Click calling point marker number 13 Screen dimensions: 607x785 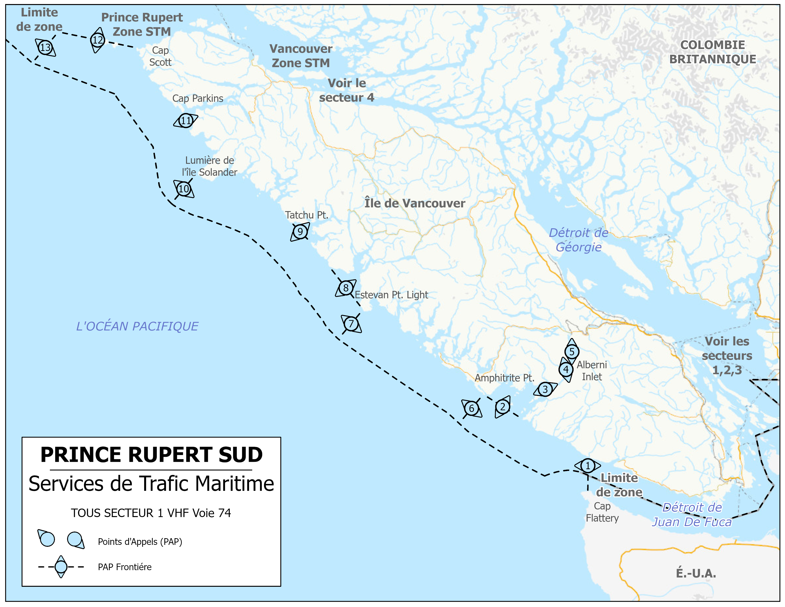[45, 47]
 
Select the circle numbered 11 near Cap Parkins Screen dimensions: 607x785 [186, 120]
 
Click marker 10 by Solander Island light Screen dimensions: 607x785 [183, 189]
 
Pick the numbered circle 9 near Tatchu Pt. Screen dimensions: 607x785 [300, 232]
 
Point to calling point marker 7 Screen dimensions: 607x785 [351, 324]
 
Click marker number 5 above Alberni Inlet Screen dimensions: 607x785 [571, 352]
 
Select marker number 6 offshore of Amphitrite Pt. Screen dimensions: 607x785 [471, 408]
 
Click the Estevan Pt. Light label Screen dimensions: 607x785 [391, 295]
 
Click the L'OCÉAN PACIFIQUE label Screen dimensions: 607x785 [137, 326]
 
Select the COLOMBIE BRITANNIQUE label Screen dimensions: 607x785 [712, 52]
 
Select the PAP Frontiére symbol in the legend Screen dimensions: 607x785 [61, 567]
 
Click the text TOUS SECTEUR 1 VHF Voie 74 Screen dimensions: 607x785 [151, 513]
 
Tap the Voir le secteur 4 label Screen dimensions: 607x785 [347, 90]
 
